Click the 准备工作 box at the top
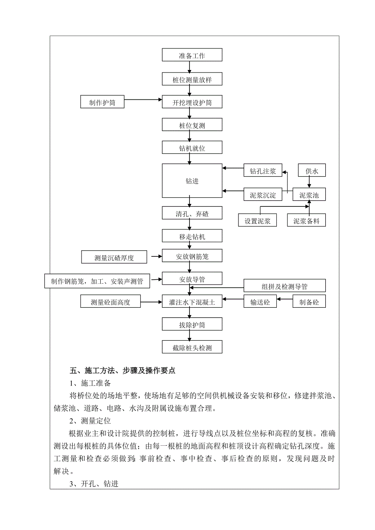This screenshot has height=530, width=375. [x=192, y=55]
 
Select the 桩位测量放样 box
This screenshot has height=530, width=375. [x=192, y=79]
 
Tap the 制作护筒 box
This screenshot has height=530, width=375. [x=102, y=102]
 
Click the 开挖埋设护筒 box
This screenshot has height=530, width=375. [x=192, y=102]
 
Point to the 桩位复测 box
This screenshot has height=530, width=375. [x=192, y=125]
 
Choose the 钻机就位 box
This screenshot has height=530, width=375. [x=192, y=148]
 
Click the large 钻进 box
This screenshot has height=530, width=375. [x=192, y=181]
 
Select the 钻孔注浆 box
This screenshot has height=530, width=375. [x=263, y=171]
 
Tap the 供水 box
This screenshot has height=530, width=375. [x=312, y=171]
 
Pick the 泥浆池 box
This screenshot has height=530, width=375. [x=309, y=195]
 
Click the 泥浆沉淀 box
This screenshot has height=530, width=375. [x=263, y=195]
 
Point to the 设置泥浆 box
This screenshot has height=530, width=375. [x=258, y=221]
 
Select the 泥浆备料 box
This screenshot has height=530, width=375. [x=306, y=221]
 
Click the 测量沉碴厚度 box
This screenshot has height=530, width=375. [x=114, y=257]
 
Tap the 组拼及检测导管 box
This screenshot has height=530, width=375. [x=285, y=286]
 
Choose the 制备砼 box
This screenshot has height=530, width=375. [x=309, y=302]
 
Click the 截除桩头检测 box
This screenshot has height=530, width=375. [x=192, y=348]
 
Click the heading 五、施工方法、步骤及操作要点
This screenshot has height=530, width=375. [x=122, y=371]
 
